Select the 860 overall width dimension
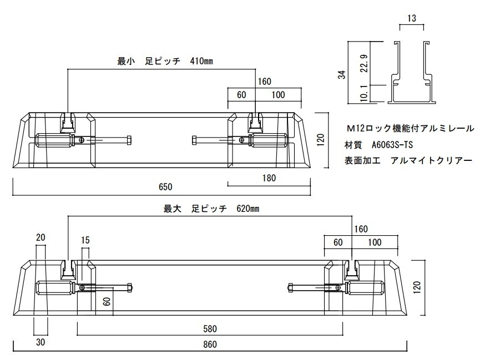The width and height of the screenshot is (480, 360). pyautogui.click(x=209, y=344)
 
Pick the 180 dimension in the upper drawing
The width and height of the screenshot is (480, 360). pyautogui.click(x=269, y=178)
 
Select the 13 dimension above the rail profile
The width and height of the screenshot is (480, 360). pyautogui.click(x=411, y=19)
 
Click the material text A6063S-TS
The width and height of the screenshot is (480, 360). pyautogui.click(x=392, y=145)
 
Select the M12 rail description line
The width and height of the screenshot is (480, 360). pyautogui.click(x=410, y=128)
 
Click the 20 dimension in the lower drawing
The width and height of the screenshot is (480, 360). pyautogui.click(x=41, y=237)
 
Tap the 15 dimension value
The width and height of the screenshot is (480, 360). pyautogui.click(x=85, y=241)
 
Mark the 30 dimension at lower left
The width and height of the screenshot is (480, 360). pyautogui.click(x=40, y=342)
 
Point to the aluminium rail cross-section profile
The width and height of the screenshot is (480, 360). pyautogui.click(x=412, y=73)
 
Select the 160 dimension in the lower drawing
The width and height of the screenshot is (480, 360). pyautogui.click(x=361, y=229)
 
